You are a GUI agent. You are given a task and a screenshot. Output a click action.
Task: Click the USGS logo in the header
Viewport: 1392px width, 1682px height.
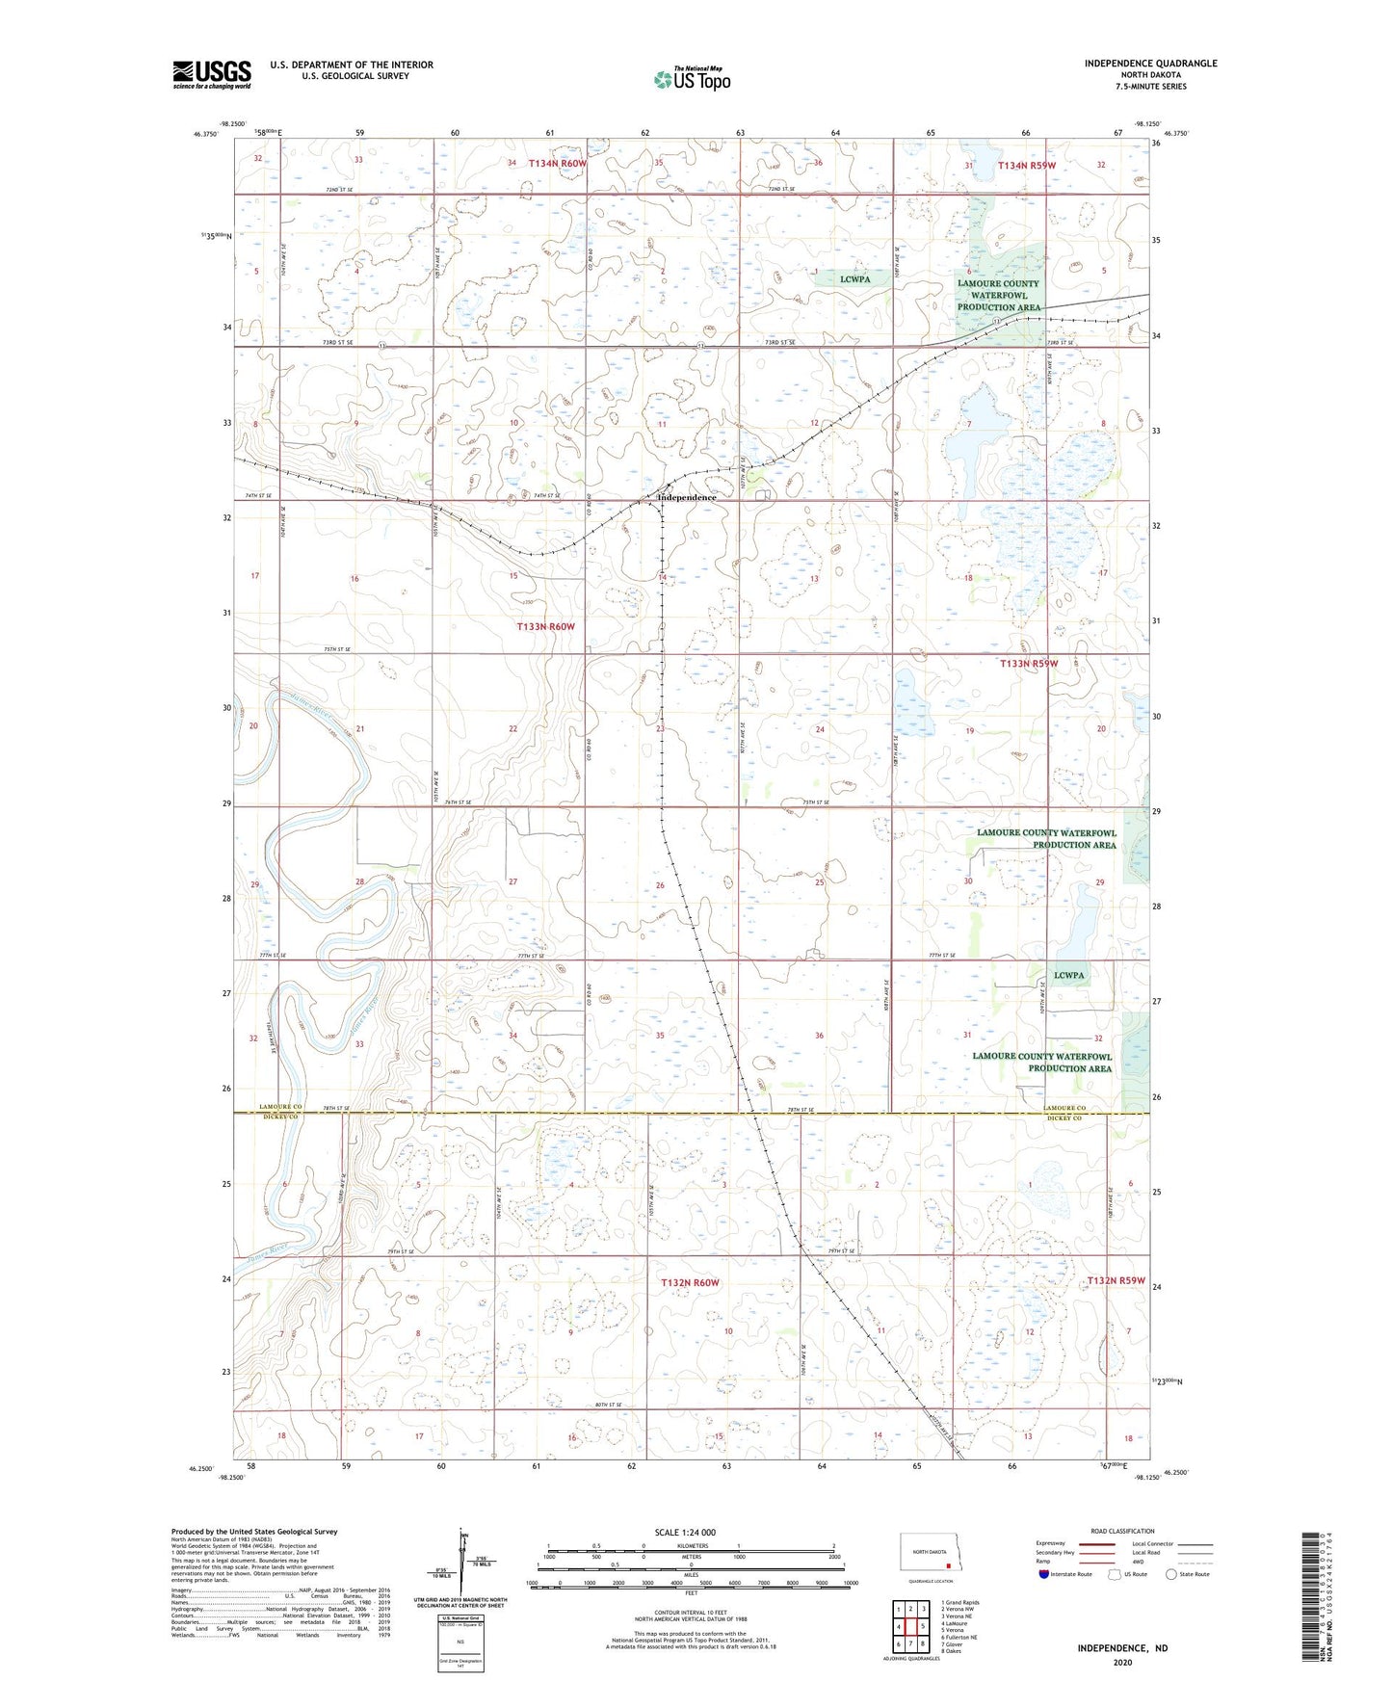[x=212, y=74]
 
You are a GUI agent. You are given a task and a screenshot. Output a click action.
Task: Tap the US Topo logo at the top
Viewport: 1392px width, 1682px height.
[x=692, y=79]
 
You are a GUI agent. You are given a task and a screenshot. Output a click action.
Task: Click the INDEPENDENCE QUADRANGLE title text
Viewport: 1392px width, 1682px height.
[x=1150, y=64]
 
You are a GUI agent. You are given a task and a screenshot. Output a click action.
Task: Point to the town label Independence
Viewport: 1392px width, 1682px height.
[x=687, y=497]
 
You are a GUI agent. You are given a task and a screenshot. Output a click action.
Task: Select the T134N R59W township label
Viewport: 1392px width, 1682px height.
[x=1027, y=166]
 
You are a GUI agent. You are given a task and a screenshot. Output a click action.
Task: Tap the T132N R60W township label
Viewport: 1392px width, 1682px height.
[x=690, y=1282]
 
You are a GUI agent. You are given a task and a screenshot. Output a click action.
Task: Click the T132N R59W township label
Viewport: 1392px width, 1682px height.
[x=1116, y=1280]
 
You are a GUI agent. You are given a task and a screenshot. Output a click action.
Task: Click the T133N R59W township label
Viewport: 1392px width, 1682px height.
[x=1029, y=664]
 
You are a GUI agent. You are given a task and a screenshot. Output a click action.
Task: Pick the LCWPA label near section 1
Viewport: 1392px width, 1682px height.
[x=854, y=279]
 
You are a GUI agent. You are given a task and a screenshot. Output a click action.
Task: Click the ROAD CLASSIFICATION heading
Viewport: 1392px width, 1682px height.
[x=1122, y=1531]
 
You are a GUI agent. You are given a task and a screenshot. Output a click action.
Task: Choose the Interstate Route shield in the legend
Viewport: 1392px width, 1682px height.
[x=1046, y=1574]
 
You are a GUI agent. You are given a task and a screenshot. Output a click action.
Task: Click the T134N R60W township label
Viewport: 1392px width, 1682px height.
[x=557, y=164]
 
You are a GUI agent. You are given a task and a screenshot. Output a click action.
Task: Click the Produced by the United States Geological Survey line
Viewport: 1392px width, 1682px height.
[x=254, y=1531]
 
